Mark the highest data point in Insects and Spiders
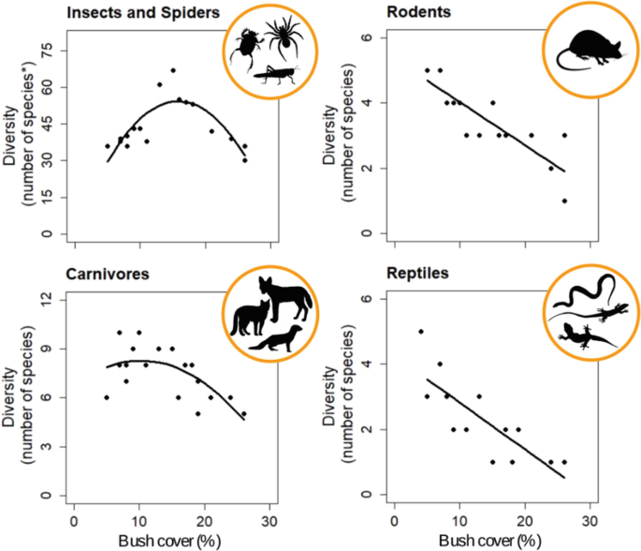173,70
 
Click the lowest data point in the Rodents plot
564,201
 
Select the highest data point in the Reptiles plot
421,332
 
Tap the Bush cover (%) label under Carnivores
170,542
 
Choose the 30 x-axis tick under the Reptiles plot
590,518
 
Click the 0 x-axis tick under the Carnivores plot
74,518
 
